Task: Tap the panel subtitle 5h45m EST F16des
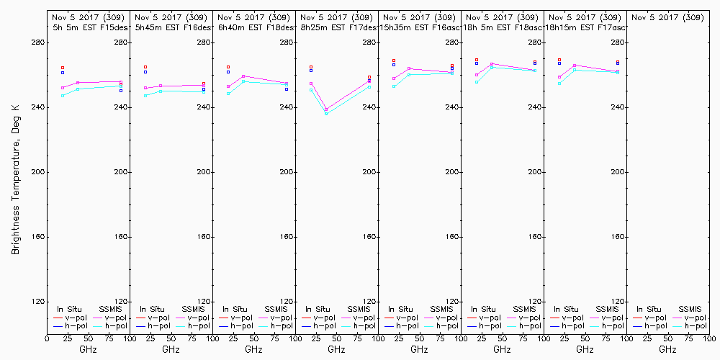(x=171, y=27)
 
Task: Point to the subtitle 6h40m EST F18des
(x=255, y=27)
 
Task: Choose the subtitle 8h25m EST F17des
(x=338, y=27)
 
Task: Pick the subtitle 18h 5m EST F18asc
(x=503, y=27)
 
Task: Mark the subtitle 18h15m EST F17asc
(x=585, y=27)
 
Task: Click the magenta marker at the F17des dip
(x=326, y=109)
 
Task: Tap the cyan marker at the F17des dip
(x=326, y=114)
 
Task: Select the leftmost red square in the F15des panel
(x=63, y=68)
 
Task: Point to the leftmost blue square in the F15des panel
(x=63, y=73)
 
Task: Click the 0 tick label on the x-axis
(x=47, y=338)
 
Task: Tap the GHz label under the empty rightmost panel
(x=667, y=349)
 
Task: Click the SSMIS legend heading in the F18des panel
(x=276, y=309)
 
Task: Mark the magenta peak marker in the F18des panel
(x=243, y=76)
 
